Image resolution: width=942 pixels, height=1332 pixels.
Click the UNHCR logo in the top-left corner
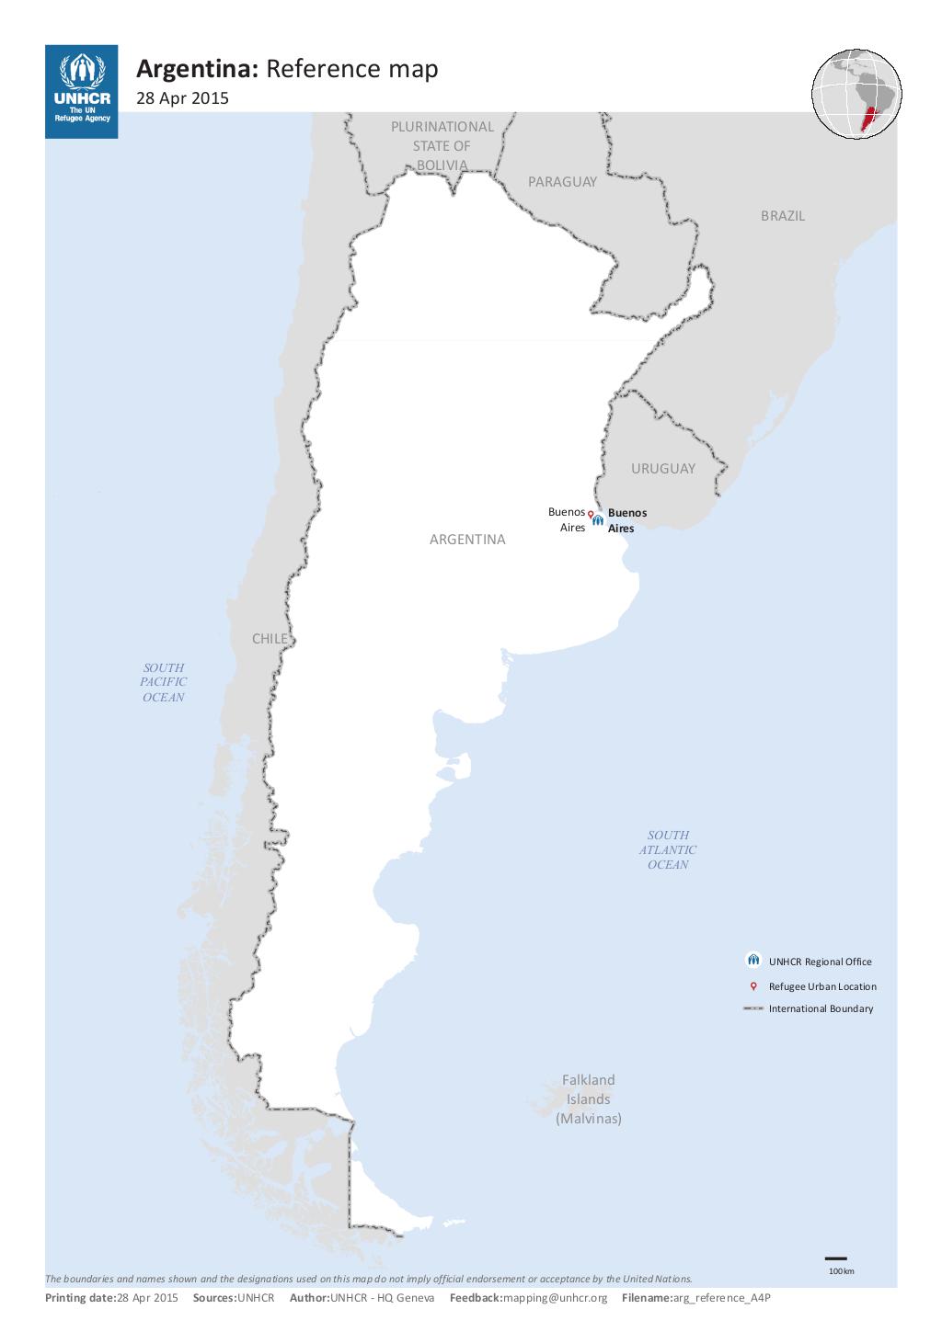click(x=81, y=91)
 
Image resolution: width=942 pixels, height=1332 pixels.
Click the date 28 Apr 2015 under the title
click(x=182, y=98)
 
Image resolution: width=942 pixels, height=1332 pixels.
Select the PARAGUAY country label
click(x=562, y=182)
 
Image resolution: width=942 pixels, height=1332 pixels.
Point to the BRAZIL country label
click(x=782, y=216)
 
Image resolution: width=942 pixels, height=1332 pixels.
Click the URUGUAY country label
click(x=662, y=469)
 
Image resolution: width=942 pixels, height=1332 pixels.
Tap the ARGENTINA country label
click(x=467, y=540)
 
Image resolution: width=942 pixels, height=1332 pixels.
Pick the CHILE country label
click(x=270, y=639)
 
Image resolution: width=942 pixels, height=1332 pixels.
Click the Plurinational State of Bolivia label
click(x=442, y=146)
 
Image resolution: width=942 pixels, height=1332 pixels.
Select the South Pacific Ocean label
click(x=163, y=683)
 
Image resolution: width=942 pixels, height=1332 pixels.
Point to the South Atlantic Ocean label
click(x=668, y=850)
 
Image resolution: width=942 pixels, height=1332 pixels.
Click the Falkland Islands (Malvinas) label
click(x=589, y=1099)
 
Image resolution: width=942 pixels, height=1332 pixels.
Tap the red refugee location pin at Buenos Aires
click(x=591, y=515)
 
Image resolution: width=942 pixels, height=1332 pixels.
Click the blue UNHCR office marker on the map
click(x=598, y=520)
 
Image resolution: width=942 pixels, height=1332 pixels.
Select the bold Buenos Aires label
click(x=626, y=520)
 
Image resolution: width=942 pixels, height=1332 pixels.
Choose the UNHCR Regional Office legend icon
click(x=753, y=961)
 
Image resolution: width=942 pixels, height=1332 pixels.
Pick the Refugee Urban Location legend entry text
click(x=822, y=986)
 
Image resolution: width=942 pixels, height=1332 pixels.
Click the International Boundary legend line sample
click(x=753, y=1008)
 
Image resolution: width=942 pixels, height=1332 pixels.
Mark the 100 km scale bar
click(x=835, y=1258)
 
